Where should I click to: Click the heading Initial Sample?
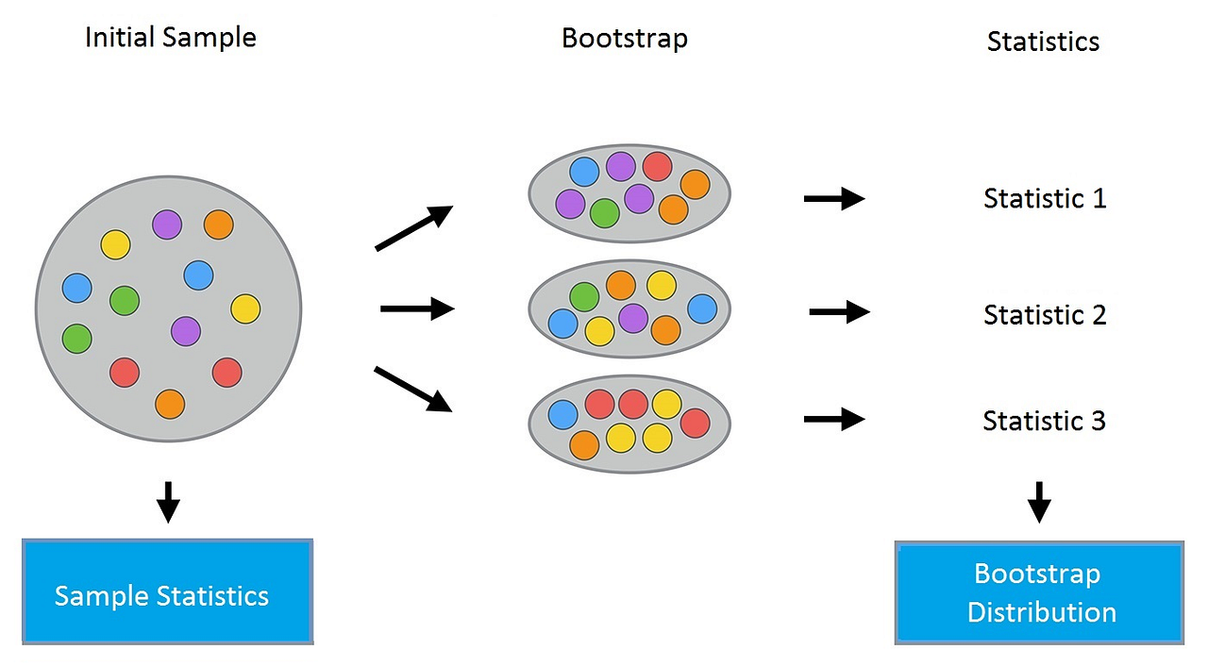[x=170, y=38]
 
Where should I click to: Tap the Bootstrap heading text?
[x=624, y=39]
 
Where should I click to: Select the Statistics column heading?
[x=1043, y=42]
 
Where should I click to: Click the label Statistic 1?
[x=1044, y=199]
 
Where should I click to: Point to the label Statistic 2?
[x=1044, y=314]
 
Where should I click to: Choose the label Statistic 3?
[x=1044, y=421]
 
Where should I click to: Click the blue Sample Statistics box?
[x=167, y=591]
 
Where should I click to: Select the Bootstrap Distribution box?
[x=1039, y=592]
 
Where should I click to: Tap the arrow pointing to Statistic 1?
[x=834, y=199]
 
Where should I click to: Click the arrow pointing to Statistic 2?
[x=839, y=311]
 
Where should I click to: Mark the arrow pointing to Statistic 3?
[x=834, y=419]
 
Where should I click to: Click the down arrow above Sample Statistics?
[x=168, y=502]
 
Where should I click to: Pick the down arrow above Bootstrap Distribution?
[x=1039, y=502]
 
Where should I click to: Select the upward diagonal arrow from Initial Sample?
[x=414, y=228]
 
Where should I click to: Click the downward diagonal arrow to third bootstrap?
[x=413, y=389]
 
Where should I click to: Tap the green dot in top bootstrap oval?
[x=604, y=213]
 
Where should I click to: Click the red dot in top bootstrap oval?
[x=657, y=167]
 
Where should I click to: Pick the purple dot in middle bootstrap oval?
[x=632, y=318]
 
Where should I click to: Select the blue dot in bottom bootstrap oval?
[x=563, y=414]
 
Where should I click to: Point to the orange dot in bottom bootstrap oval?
[x=584, y=443]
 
